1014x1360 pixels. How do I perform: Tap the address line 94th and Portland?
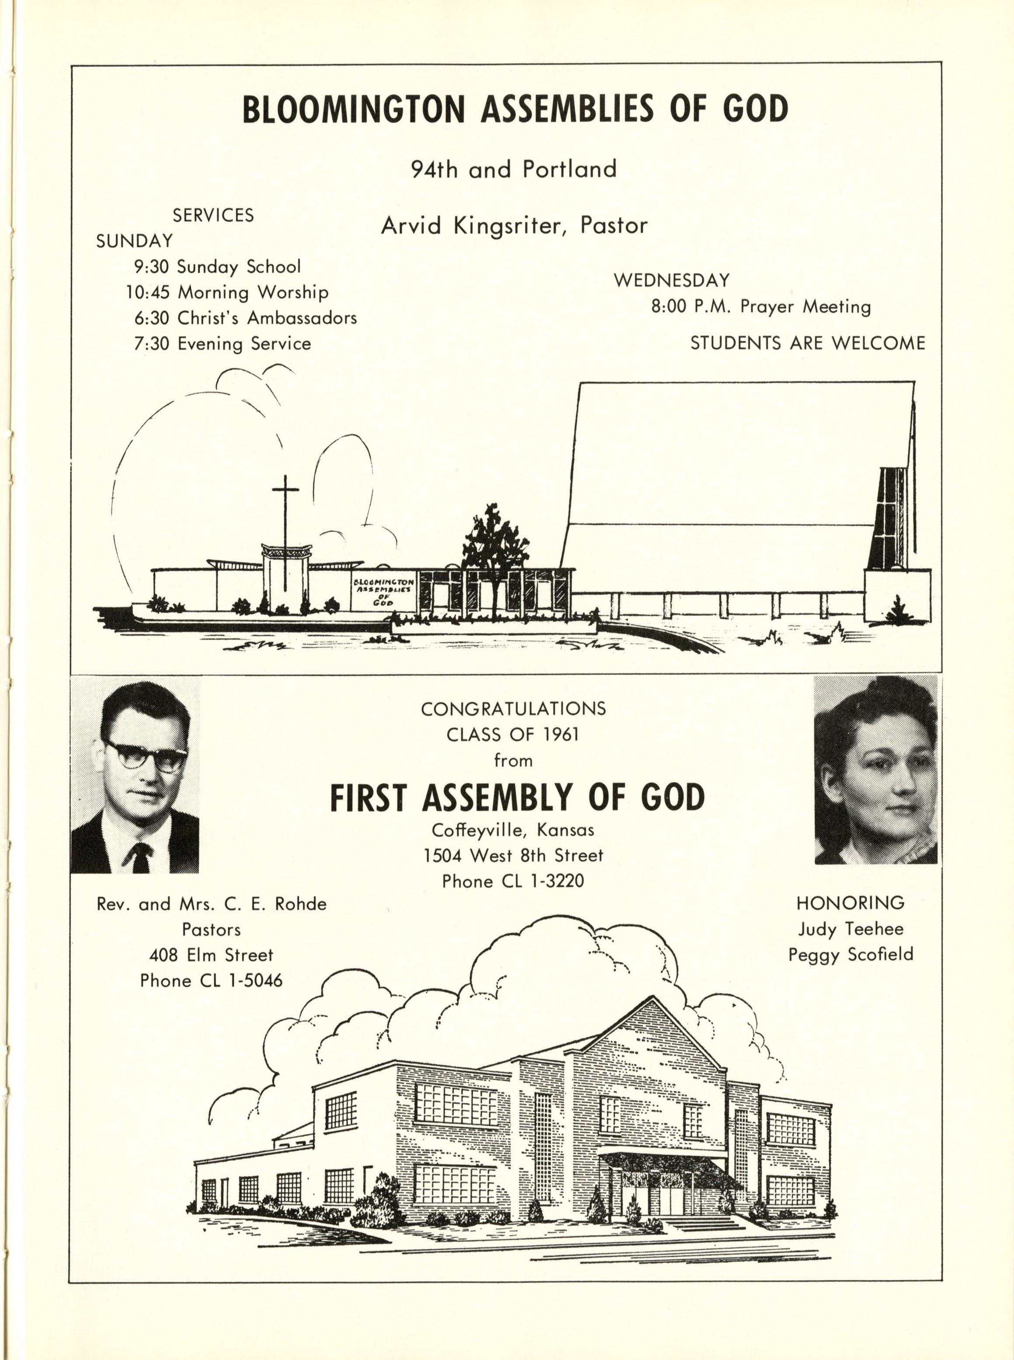[x=513, y=169]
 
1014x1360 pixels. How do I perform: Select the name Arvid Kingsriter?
[x=469, y=226]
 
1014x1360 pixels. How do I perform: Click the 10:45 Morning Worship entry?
[x=227, y=292]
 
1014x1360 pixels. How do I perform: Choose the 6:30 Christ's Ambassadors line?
[x=246, y=318]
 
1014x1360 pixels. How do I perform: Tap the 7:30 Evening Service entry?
[x=222, y=343]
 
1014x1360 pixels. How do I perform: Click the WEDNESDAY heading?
[x=671, y=281]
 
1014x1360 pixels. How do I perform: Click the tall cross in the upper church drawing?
[x=285, y=528]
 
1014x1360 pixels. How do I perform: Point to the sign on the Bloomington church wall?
[x=383, y=591]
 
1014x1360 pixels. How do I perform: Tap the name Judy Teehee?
[x=851, y=928]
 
